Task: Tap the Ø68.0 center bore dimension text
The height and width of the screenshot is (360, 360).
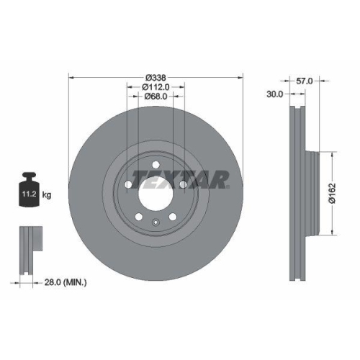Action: pos(156,96)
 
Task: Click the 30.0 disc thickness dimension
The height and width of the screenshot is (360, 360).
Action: pos(274,94)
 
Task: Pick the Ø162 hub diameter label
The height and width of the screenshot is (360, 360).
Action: pos(341,192)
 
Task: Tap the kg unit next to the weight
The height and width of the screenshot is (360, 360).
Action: pos(47,194)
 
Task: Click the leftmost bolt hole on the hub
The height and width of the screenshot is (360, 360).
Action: pos(127,185)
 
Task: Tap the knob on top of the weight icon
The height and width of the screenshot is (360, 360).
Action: pos(30,176)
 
